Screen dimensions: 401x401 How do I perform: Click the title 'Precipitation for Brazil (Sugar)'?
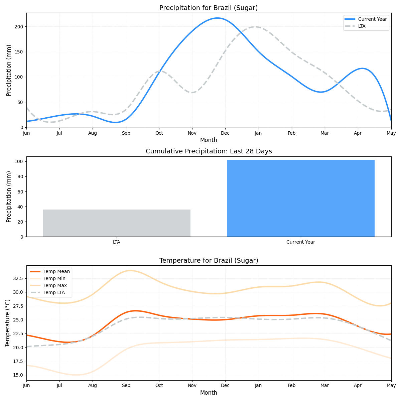pos(209,8)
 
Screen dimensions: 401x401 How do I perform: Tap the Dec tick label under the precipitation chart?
pos(225,133)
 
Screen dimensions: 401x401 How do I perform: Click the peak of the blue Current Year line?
pos(218,18)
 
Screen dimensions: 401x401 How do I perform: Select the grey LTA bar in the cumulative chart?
pos(117,223)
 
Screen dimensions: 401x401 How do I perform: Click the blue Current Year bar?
pos(301,198)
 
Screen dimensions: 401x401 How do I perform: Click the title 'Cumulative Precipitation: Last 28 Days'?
pos(209,151)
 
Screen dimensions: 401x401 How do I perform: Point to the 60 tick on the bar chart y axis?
pos(21,192)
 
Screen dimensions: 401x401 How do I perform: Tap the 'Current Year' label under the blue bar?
pos(301,242)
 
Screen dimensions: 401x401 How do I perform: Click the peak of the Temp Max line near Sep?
pos(130,271)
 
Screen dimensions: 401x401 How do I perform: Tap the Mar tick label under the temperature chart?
pos(325,386)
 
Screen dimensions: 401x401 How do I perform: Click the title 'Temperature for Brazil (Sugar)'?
pos(209,261)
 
